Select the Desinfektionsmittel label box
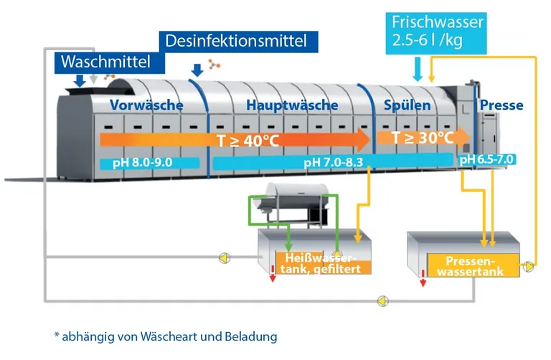click(x=236, y=41)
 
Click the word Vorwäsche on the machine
click(x=146, y=105)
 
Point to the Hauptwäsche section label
click(x=292, y=105)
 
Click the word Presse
click(x=501, y=105)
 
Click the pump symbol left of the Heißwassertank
click(x=225, y=256)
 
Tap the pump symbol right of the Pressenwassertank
click(x=529, y=267)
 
